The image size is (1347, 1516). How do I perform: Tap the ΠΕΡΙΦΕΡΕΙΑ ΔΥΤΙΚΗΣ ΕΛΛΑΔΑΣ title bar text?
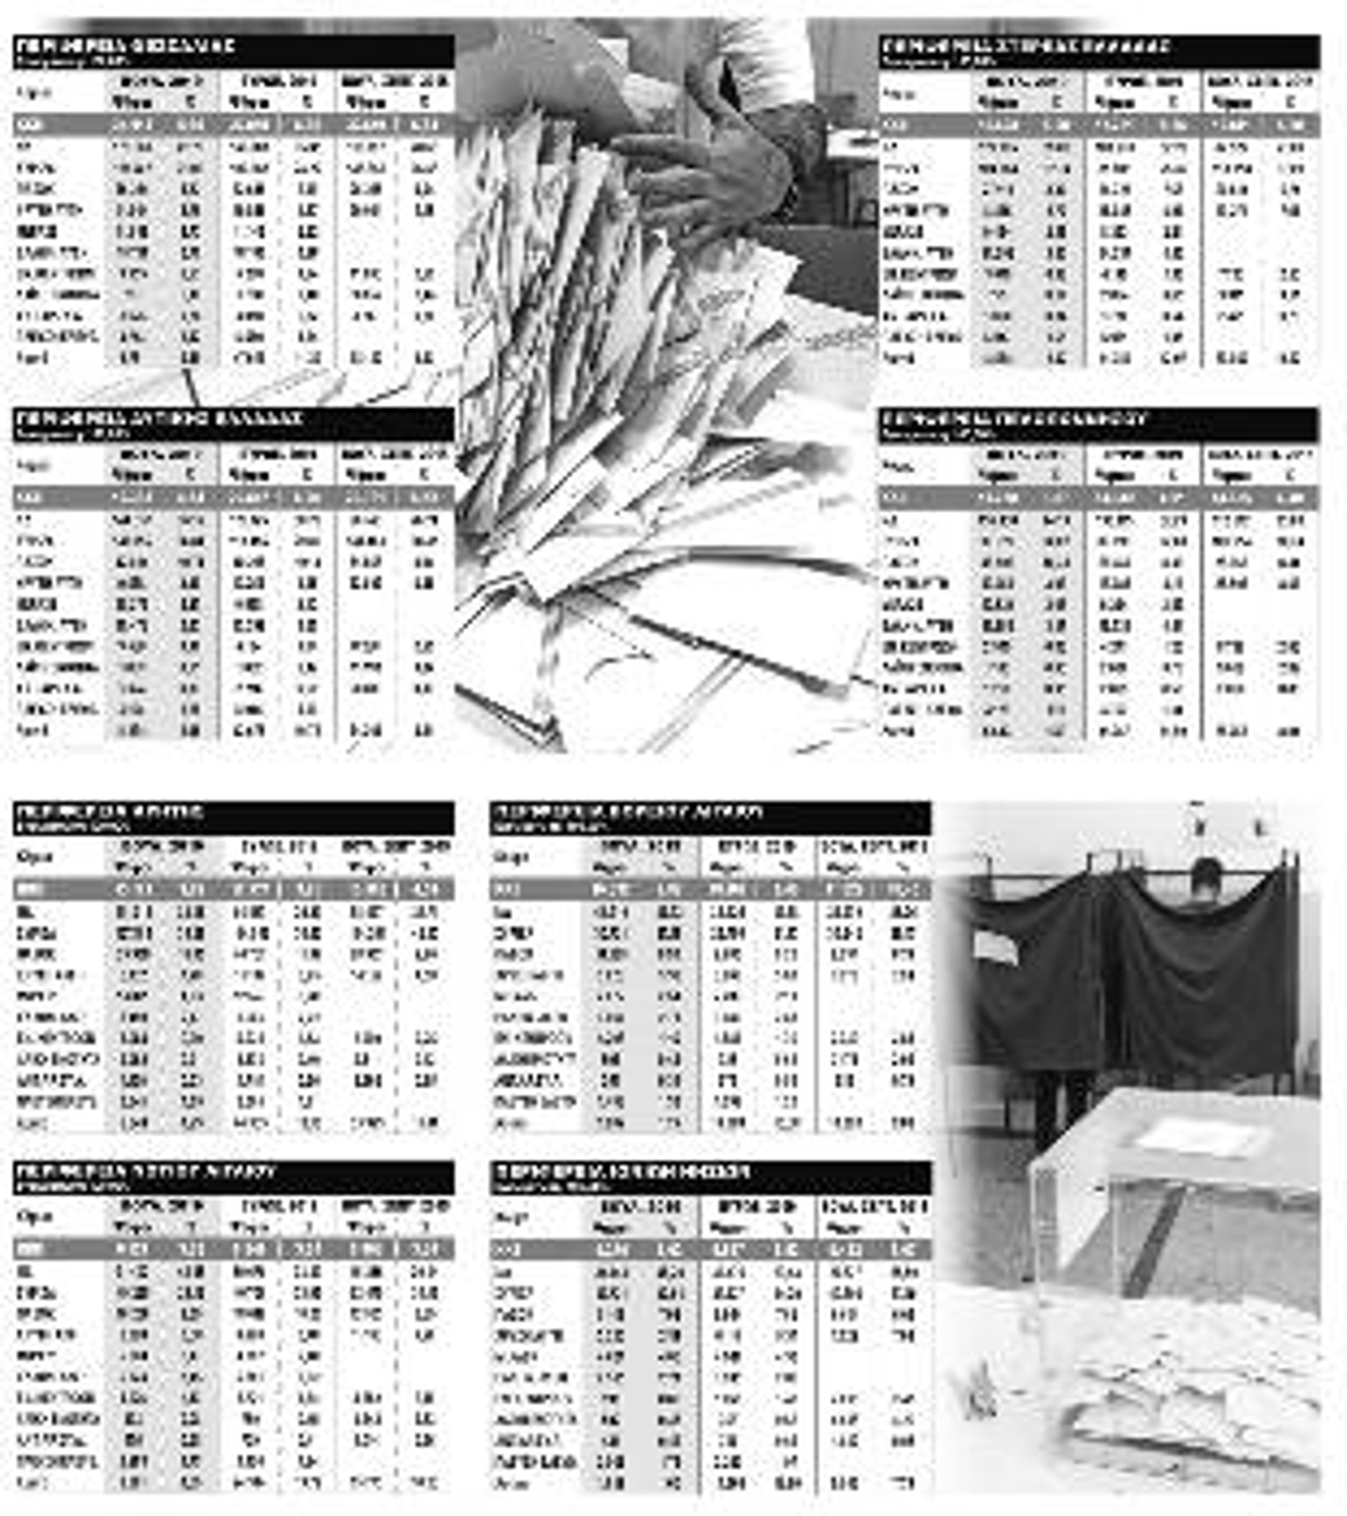(x=159, y=419)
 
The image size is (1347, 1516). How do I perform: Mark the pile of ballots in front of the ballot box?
(x=1187, y=1409)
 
